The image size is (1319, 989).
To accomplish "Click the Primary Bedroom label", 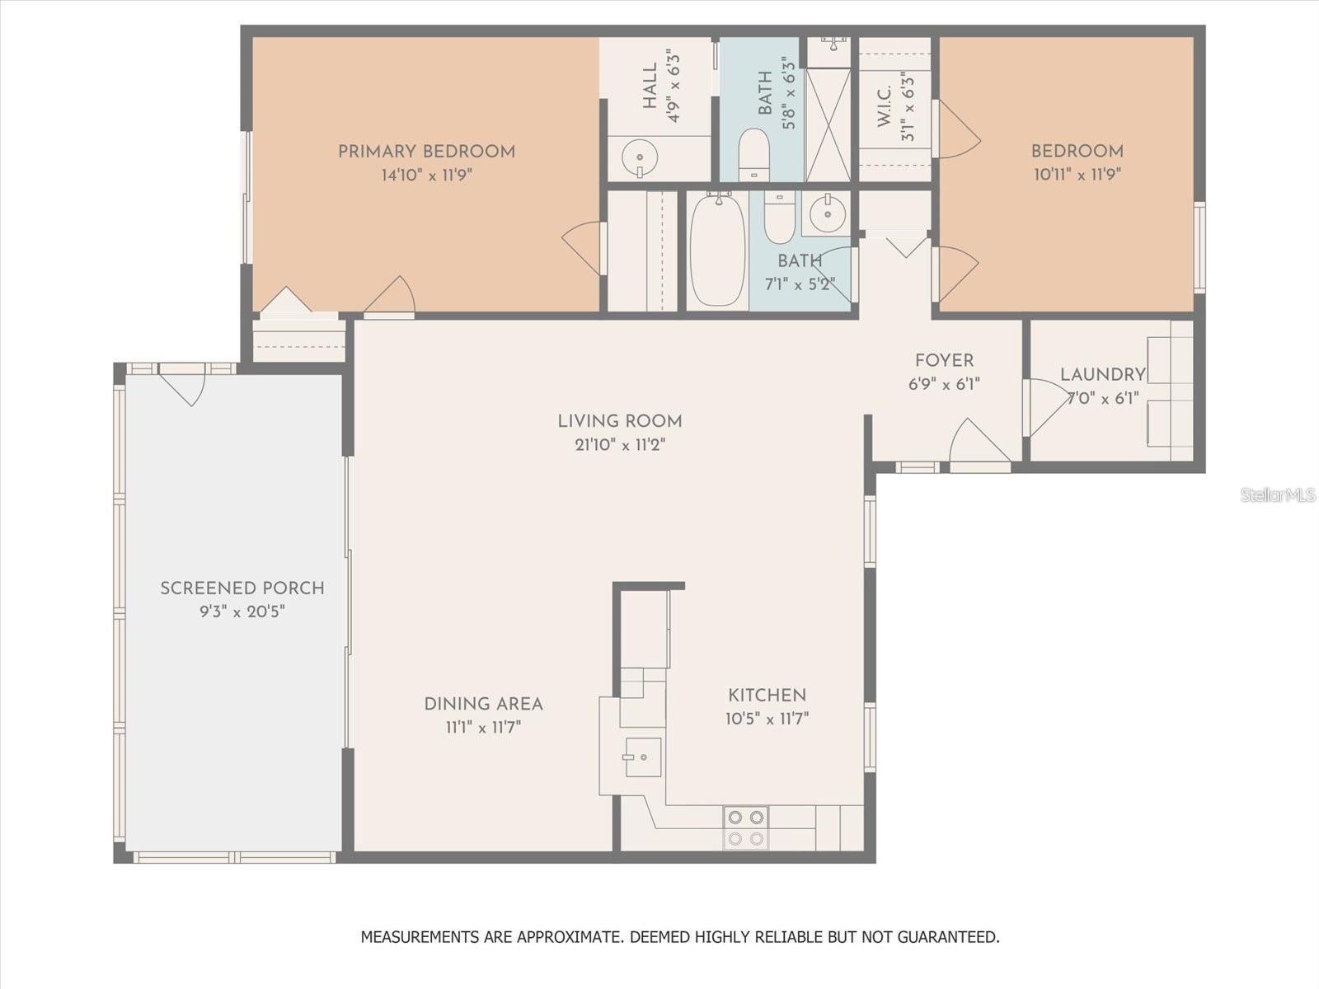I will point(426,152).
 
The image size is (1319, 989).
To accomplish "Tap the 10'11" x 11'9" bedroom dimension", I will point(1077,175).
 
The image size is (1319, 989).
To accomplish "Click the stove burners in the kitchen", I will point(745,827).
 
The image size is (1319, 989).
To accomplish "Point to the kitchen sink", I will point(641,757).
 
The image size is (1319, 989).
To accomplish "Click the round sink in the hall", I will point(639,157).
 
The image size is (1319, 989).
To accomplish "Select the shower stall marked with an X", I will point(828,124).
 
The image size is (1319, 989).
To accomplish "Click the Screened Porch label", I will point(242,588).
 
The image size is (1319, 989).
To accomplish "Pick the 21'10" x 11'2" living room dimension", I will point(620,445).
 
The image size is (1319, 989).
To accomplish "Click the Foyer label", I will point(944,360).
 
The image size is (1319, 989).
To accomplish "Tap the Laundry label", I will point(1102,375).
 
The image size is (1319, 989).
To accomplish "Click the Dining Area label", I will point(483,704).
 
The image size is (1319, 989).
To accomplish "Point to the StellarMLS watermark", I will point(1277,494).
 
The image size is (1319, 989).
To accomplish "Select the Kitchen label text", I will point(767,695).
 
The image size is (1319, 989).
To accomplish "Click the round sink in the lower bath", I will point(827,214).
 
